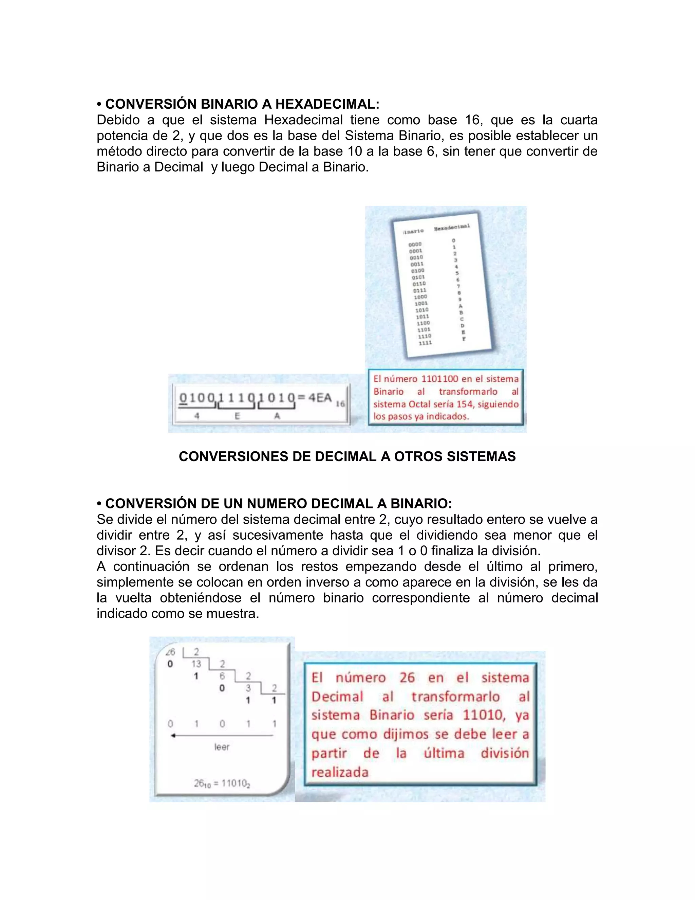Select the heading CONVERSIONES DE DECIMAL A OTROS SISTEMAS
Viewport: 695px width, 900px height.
[347, 456]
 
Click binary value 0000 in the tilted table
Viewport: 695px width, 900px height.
[415, 245]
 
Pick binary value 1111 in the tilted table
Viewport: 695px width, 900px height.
[425, 343]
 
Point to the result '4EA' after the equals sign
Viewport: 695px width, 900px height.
[320, 398]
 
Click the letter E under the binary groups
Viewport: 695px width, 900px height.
[237, 416]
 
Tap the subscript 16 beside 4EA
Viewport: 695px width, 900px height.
[340, 404]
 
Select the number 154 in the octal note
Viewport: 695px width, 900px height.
[465, 404]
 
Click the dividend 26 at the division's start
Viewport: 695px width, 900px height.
[170, 652]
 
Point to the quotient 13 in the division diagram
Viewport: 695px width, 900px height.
[196, 664]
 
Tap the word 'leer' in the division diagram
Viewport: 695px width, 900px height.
[222, 747]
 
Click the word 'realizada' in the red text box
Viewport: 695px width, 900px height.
[340, 772]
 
